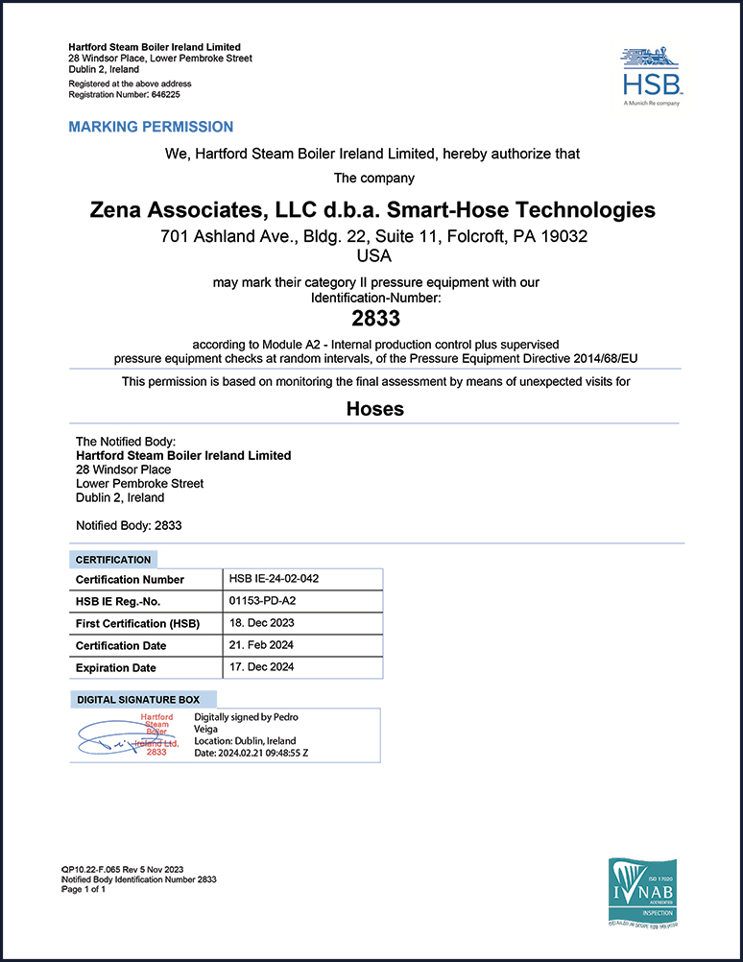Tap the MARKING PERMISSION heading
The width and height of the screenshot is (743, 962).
(151, 127)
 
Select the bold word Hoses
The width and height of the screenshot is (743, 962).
(374, 409)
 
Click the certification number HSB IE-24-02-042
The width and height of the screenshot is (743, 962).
(276, 579)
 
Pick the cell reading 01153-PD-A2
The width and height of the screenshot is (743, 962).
(263, 601)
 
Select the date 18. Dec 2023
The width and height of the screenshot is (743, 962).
(262, 623)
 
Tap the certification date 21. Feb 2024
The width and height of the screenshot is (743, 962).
(261, 645)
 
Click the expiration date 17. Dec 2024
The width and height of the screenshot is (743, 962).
(261, 667)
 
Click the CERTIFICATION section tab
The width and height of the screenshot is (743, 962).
(113, 560)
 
